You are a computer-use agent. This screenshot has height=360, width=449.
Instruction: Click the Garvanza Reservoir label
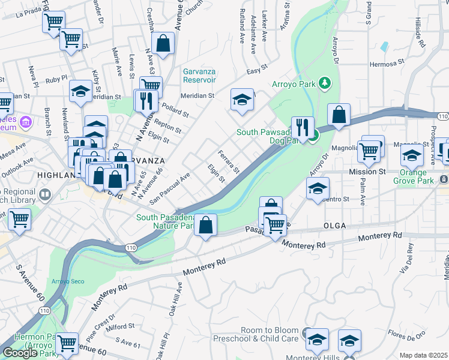coord(199,75)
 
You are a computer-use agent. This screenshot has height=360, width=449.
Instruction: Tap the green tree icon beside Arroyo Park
coord(325,82)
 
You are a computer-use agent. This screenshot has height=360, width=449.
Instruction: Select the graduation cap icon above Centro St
coord(318,188)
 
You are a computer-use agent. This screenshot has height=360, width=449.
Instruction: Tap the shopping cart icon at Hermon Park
coord(67,344)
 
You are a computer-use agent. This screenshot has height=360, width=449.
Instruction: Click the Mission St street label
coord(367,172)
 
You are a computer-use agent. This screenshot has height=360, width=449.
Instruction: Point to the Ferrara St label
coord(229,161)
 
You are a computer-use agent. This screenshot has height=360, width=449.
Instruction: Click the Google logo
coord(20,353)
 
